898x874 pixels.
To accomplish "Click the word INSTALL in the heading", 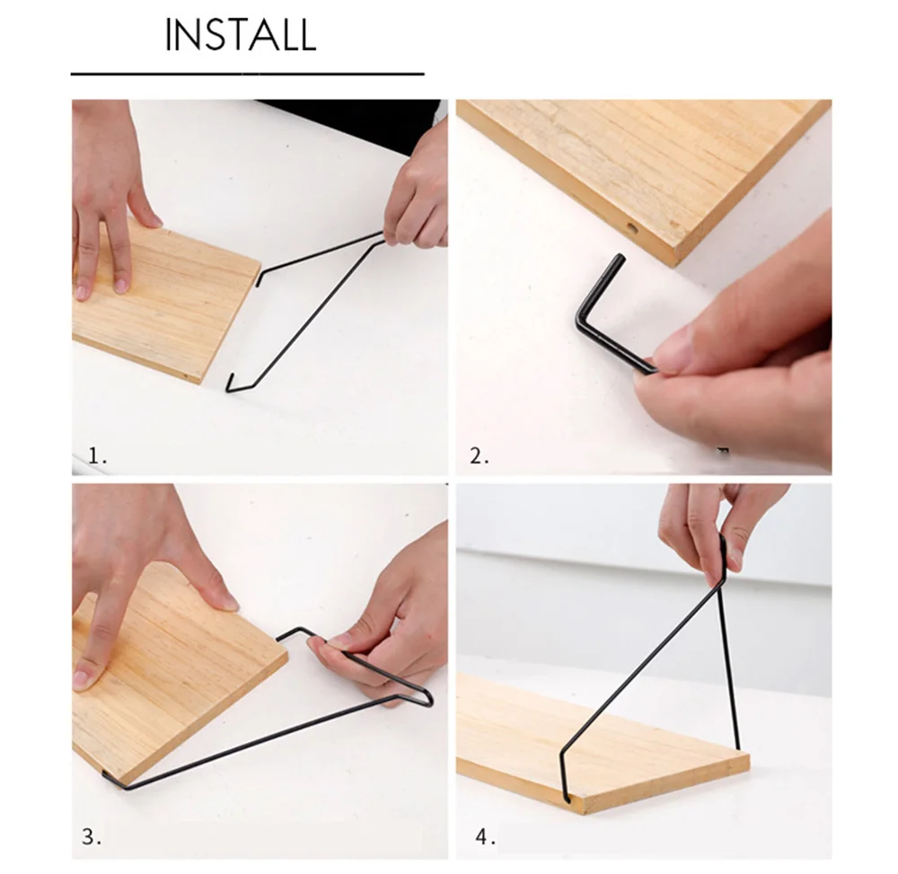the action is (241, 35).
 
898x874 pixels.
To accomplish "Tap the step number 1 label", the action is (97, 455).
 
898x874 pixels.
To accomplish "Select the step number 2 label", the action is (480, 456).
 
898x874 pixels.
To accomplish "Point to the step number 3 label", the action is (92, 837).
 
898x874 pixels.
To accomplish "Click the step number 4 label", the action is (485, 837).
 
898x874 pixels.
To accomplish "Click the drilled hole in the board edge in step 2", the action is (632, 228).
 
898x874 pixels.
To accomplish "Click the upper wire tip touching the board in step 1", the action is (259, 280).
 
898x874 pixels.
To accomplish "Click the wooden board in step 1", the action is (166, 301).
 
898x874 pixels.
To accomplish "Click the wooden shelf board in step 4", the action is (602, 745).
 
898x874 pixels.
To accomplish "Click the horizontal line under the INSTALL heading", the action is (248, 74).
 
